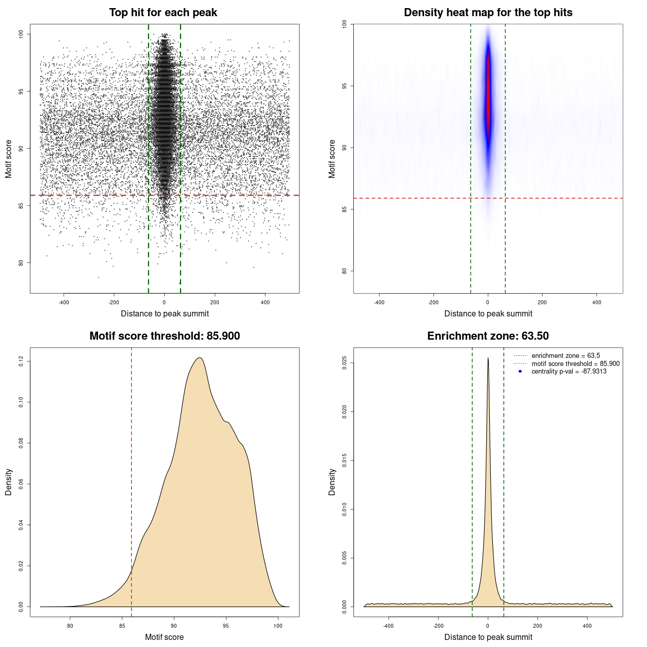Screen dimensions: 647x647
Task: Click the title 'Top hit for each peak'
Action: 163,13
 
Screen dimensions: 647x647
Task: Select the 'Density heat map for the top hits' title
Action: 488,13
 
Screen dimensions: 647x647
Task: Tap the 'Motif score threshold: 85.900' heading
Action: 164,336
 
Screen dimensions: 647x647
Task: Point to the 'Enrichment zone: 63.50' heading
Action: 488,336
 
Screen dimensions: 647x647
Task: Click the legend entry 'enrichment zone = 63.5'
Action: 566,356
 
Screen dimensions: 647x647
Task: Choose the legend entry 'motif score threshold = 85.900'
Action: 575,363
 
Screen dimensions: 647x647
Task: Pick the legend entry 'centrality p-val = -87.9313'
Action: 569,372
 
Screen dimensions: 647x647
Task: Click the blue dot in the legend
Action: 520,372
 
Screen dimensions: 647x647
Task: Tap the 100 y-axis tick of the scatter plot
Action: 21,34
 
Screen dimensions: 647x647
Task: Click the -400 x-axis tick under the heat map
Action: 379,302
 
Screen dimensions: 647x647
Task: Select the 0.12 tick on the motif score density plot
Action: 21,361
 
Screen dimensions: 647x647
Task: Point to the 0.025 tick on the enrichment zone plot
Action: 344,363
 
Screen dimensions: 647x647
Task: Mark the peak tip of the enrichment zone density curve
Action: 488,358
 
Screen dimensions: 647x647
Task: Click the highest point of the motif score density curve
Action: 200,358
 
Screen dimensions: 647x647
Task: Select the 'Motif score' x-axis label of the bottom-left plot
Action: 164,637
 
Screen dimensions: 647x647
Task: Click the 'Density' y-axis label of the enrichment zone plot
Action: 332,482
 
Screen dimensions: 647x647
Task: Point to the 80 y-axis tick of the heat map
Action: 344,271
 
